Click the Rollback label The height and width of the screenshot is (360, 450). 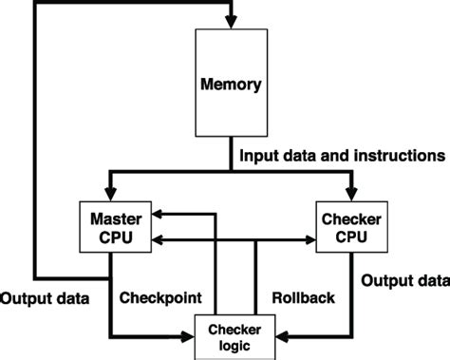(304, 297)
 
